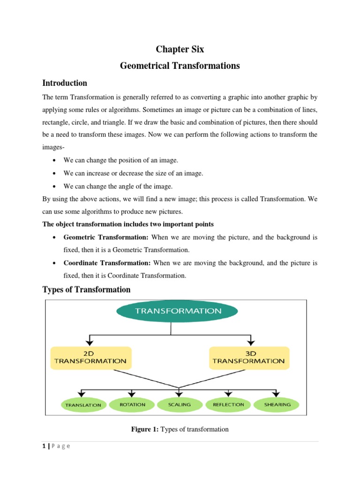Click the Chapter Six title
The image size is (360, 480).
(180, 50)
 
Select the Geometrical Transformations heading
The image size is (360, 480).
(180, 66)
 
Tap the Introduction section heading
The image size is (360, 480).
(65, 83)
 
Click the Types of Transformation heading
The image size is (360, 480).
(86, 290)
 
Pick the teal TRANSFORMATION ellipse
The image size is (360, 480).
(178, 311)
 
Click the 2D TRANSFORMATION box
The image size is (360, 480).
(90, 358)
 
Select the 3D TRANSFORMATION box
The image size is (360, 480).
(248, 358)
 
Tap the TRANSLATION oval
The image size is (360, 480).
(83, 405)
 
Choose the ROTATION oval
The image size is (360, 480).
(133, 405)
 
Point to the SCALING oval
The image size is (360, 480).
(180, 405)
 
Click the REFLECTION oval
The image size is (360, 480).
(228, 405)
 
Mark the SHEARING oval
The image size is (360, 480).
(277, 405)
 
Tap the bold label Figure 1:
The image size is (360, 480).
(145, 429)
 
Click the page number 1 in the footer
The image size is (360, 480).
(44, 446)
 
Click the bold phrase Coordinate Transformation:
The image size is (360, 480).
(107, 263)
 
